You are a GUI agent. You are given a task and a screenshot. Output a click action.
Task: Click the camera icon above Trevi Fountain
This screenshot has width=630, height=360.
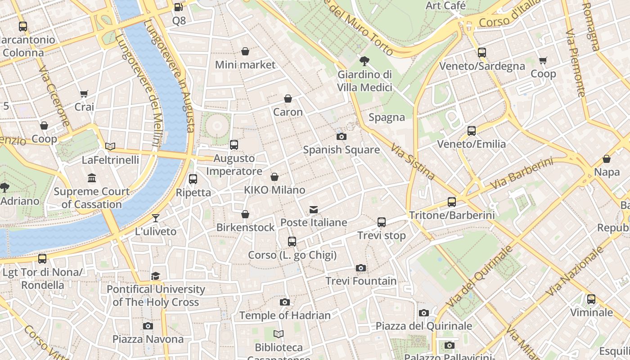click(360, 268)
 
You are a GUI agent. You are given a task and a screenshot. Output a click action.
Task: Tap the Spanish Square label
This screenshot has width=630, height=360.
click(341, 150)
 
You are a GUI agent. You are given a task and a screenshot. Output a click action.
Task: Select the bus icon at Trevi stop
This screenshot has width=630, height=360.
click(382, 222)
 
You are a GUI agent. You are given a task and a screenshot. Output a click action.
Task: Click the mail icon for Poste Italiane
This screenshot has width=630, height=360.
click(314, 209)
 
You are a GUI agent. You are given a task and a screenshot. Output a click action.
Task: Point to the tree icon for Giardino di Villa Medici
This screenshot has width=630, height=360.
click(364, 61)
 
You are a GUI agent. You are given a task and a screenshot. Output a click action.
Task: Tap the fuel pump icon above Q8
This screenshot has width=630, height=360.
click(179, 7)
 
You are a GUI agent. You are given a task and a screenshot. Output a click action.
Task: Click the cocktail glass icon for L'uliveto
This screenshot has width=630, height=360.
click(156, 218)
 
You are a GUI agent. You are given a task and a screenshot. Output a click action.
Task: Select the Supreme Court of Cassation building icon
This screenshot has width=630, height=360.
click(92, 178)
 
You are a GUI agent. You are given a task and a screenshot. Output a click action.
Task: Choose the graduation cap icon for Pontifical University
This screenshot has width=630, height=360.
click(156, 276)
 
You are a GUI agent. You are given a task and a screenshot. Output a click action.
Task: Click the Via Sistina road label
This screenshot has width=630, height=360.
click(412, 161)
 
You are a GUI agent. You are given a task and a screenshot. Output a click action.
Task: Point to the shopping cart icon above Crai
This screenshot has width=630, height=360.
click(84, 94)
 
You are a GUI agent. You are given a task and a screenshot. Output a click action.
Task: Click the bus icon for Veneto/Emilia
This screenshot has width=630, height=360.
click(471, 131)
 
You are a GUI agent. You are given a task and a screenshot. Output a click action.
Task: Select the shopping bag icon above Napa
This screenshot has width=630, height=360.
click(607, 159)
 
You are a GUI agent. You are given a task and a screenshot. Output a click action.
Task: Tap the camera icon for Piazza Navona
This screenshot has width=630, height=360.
click(148, 326)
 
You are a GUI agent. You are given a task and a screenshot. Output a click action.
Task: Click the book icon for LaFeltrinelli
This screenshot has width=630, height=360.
click(110, 146)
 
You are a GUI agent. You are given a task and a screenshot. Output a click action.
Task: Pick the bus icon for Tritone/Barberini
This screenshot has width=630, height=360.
click(452, 202)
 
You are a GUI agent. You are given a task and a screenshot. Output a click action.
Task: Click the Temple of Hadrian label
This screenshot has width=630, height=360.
click(284, 315)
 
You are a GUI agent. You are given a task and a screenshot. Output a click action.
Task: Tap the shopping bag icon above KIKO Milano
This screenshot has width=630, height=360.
click(274, 177)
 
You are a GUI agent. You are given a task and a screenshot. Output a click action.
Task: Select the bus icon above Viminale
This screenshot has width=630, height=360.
click(591, 299)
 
